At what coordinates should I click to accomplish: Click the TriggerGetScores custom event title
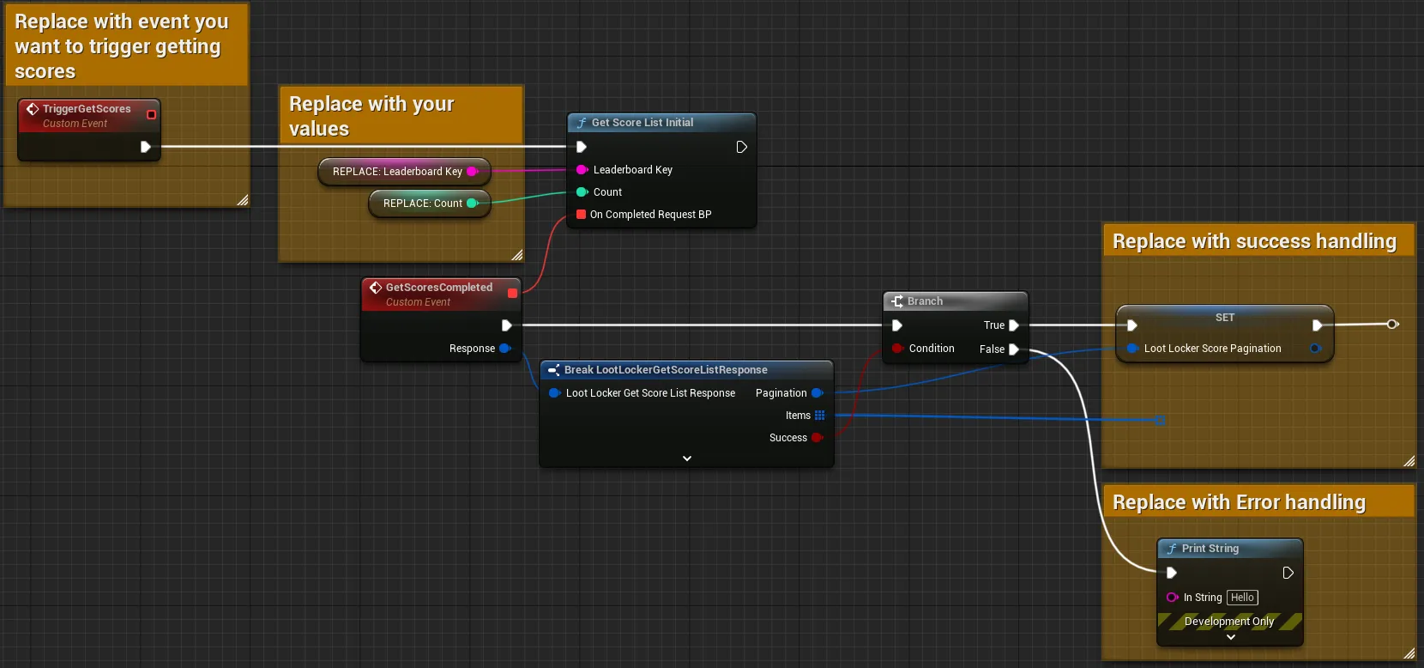[x=87, y=109]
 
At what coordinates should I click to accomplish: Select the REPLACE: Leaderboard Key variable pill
[x=404, y=171]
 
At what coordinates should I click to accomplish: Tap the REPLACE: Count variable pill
[x=430, y=203]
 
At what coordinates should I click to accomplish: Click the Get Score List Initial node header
[x=661, y=122]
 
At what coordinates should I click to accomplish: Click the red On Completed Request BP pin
[x=581, y=215]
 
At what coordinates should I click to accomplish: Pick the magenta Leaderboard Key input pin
[x=582, y=170]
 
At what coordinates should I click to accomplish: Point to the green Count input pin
[x=582, y=192]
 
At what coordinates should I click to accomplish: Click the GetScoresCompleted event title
[x=438, y=288]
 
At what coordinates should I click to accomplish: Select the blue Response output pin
[x=505, y=349]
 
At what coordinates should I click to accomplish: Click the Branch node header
[x=955, y=301]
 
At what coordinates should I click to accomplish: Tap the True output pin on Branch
[x=1014, y=325]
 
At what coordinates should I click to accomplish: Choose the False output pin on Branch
[x=1014, y=349]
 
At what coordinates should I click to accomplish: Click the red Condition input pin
[x=897, y=349]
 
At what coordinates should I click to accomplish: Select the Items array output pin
[x=819, y=416]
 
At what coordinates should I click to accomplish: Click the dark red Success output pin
[x=818, y=438]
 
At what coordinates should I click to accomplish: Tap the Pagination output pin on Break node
[x=818, y=393]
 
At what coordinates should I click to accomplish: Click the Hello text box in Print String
[x=1242, y=598]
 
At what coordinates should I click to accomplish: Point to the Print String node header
[x=1229, y=549]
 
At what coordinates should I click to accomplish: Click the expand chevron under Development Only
[x=1231, y=637]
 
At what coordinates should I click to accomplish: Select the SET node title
[x=1225, y=318]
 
